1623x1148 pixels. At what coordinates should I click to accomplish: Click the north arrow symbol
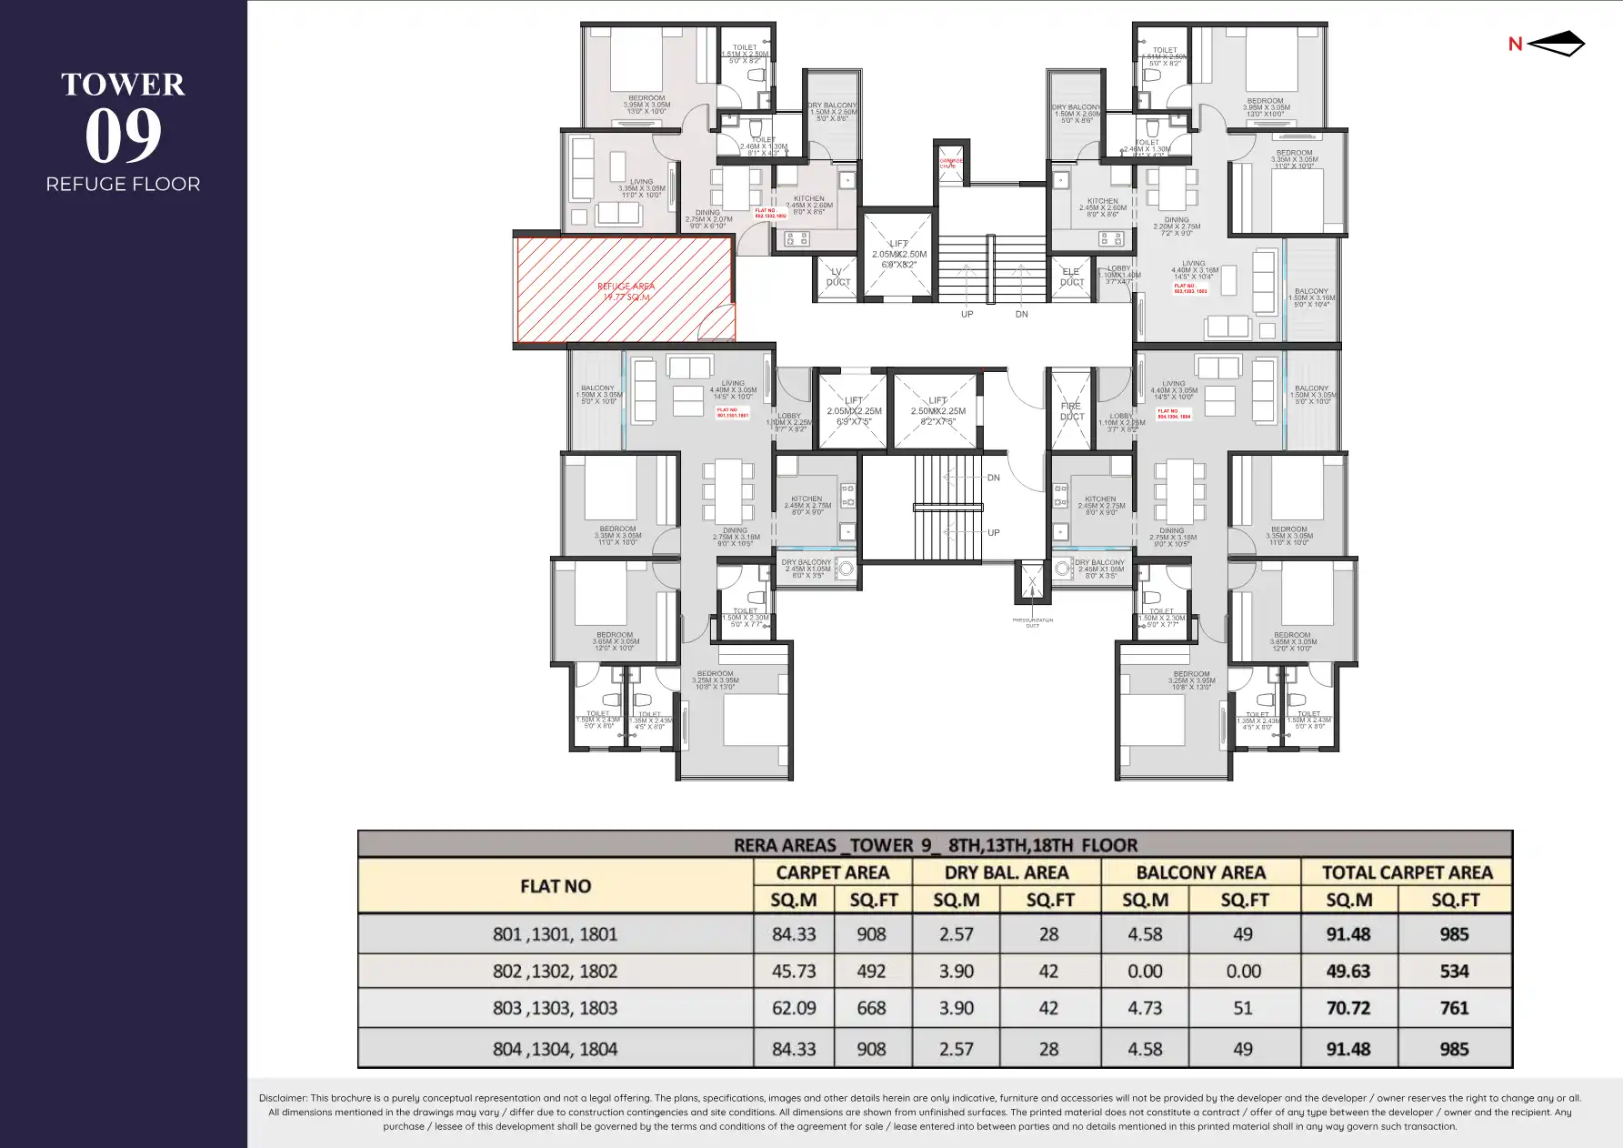[1557, 44]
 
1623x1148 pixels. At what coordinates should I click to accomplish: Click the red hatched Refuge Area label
[626, 291]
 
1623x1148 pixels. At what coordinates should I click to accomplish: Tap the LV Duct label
[838, 277]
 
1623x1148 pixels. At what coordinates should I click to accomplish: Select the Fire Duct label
[1071, 411]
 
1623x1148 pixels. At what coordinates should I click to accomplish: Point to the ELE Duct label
[1071, 277]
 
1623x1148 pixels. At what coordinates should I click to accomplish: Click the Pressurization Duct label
[1032, 623]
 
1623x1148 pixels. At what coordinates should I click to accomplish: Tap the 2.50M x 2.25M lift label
[937, 411]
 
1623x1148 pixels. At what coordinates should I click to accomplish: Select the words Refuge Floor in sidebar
[123, 184]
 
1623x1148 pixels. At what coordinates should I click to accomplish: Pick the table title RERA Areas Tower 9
[935, 845]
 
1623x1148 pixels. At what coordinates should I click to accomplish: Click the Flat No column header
[555, 886]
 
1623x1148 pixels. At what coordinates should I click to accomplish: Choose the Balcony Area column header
[1200, 872]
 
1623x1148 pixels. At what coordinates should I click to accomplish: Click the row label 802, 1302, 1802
[555, 972]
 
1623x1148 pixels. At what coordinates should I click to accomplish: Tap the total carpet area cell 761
[1454, 1008]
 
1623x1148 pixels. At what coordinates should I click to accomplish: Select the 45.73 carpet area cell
[793, 972]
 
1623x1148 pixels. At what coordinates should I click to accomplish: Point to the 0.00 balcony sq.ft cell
[1243, 972]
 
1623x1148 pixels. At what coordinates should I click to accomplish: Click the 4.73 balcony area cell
[1145, 1008]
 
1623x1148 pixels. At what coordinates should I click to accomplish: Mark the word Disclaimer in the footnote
[283, 1098]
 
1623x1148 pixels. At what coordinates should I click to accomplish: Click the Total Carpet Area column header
[1407, 872]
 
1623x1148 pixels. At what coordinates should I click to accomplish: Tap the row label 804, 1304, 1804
[555, 1049]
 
